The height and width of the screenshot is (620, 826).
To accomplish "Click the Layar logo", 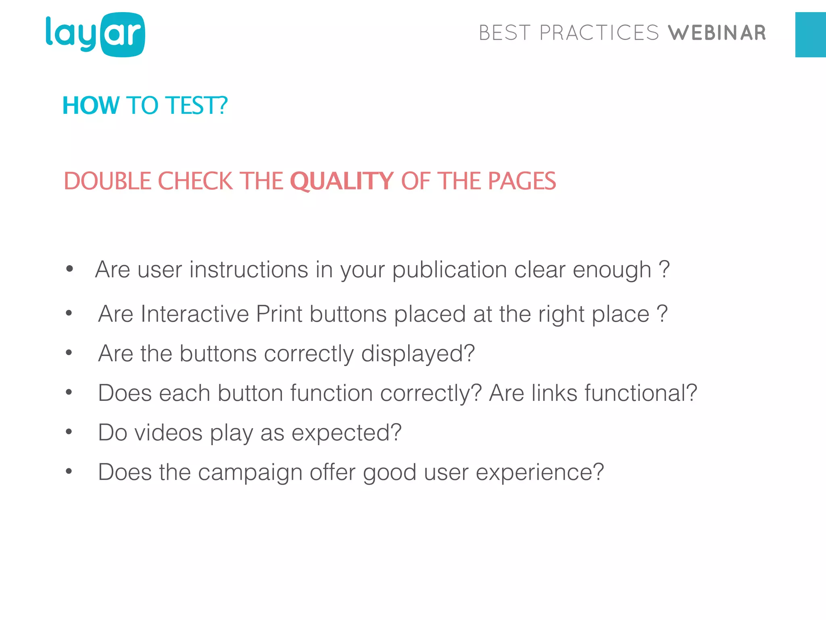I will coord(95,35).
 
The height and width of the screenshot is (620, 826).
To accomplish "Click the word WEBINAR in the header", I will coord(717,33).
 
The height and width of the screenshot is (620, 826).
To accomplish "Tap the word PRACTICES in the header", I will coord(599,33).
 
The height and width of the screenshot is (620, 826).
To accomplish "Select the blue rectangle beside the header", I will coord(810,35).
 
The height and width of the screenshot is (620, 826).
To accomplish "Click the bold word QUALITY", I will coord(342,181).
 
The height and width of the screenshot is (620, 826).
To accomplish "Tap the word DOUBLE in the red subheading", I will coord(108,181).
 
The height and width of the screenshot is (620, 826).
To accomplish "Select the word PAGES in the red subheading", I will coord(522,181).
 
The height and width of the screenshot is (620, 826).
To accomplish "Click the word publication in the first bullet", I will coord(449,270).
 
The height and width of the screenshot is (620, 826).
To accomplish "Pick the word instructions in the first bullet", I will coord(249,270).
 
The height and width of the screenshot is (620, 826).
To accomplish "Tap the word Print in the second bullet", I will coord(279,314).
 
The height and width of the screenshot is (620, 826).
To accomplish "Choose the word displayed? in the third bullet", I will coord(418,354).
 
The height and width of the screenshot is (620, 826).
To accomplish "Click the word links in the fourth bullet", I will coord(554,393).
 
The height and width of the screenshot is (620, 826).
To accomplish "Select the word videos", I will coord(169,433).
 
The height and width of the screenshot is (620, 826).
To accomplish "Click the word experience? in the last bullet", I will coord(540,472).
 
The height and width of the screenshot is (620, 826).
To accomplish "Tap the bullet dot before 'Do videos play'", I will coord(69,432).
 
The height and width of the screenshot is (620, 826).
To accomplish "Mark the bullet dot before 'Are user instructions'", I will coord(69,269).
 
